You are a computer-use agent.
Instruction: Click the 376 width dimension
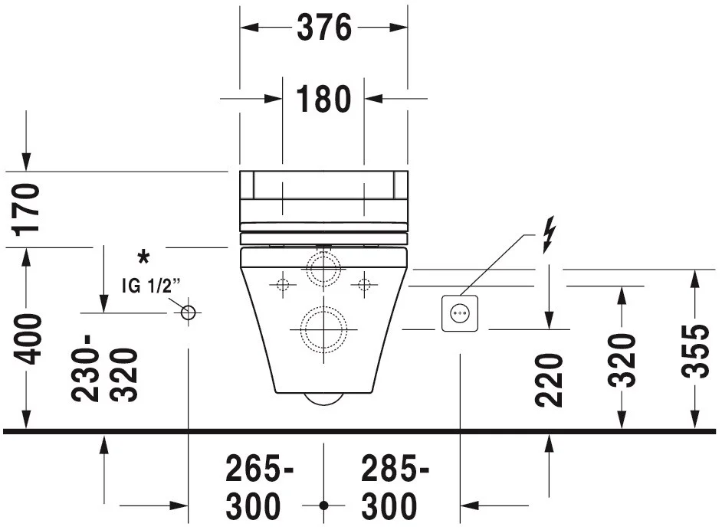coord(323,28)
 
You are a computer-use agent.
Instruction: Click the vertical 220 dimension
coord(550,379)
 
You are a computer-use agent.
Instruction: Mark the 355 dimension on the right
coord(695,351)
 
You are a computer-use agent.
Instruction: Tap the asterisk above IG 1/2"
coord(143,257)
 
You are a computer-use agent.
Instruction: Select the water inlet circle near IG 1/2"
coord(189,312)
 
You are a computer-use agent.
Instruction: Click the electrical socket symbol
coord(460,314)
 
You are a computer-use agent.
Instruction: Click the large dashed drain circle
coord(323,329)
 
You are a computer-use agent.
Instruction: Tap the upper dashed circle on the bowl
coord(323,267)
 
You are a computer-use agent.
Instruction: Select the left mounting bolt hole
coord(282,285)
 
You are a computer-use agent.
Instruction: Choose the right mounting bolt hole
coord(364,285)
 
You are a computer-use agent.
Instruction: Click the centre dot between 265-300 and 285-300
coord(323,506)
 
